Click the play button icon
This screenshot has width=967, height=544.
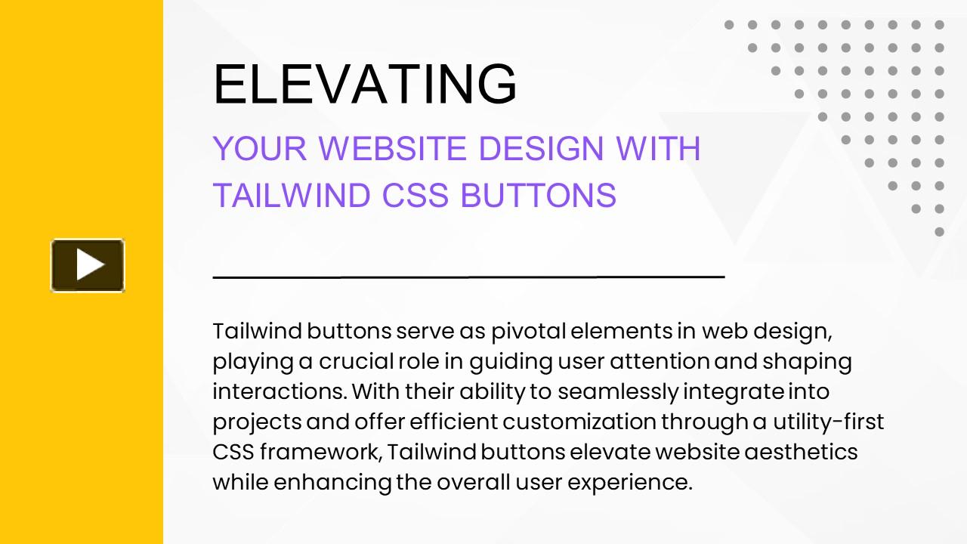tap(88, 265)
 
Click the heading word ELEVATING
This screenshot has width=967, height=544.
tap(366, 84)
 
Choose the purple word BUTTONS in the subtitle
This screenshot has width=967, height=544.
tap(538, 195)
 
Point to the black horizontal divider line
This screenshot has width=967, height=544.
tap(468, 277)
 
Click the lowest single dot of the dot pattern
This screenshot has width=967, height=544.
tap(939, 232)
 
